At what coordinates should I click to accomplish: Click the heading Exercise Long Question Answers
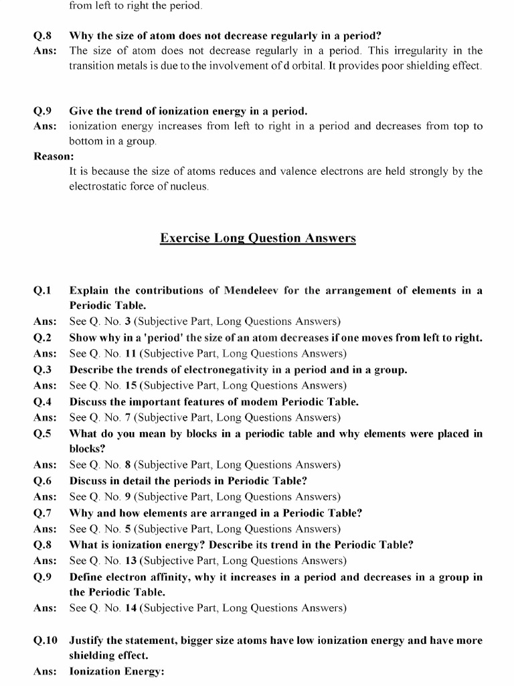click(x=258, y=238)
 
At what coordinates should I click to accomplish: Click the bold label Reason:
click(x=54, y=156)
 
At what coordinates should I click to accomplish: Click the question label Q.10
click(x=46, y=640)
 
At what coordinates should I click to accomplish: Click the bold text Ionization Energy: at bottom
click(x=116, y=672)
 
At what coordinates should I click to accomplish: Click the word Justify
click(x=88, y=640)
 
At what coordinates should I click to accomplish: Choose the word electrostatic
click(x=98, y=186)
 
